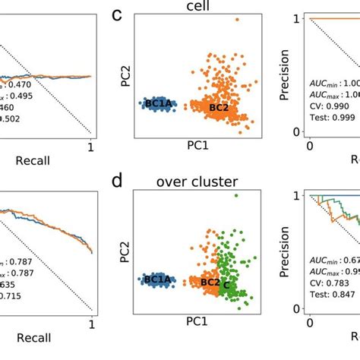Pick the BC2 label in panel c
coord(219,109)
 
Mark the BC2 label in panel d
coord(210,283)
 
